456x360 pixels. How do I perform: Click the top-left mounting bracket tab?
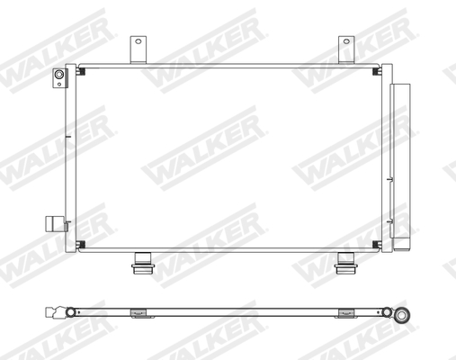coord(138,48)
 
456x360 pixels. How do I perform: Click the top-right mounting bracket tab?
coord(346,48)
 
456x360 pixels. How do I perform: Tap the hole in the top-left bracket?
coord(138,41)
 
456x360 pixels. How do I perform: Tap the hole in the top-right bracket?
coord(346,41)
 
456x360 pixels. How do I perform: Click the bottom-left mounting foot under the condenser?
coord(141,263)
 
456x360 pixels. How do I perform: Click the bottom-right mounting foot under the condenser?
coord(345,263)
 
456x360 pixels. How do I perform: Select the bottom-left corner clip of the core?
coord(80,246)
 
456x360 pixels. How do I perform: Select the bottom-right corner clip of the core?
coord(375,246)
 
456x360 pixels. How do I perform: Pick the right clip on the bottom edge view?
coord(345,313)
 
